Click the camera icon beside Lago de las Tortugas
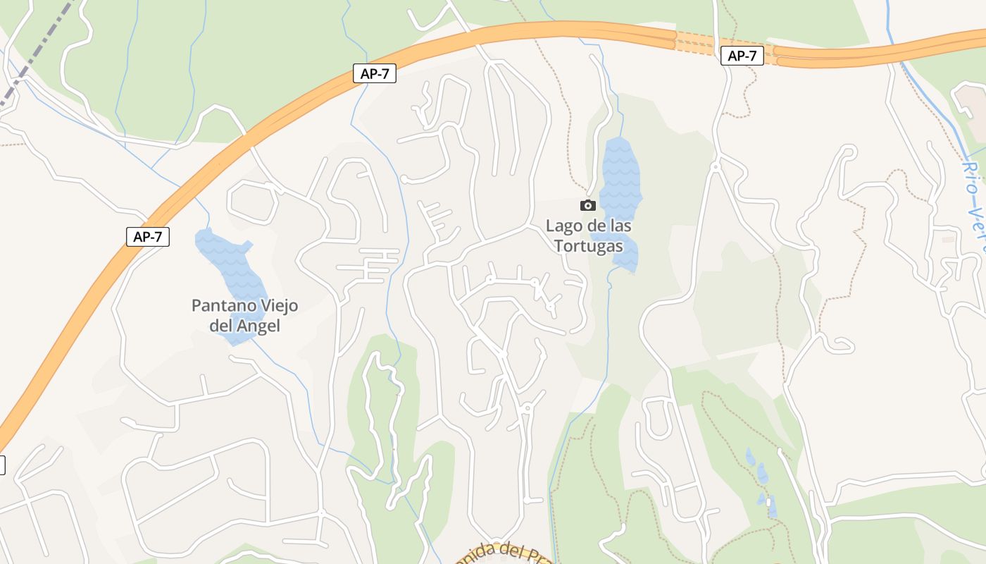(587, 205)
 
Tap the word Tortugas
(589, 246)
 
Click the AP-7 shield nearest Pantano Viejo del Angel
(148, 237)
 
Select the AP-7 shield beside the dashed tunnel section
(742, 56)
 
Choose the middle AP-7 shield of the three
(375, 73)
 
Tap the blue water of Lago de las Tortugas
(620, 176)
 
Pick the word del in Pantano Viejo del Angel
(222, 326)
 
